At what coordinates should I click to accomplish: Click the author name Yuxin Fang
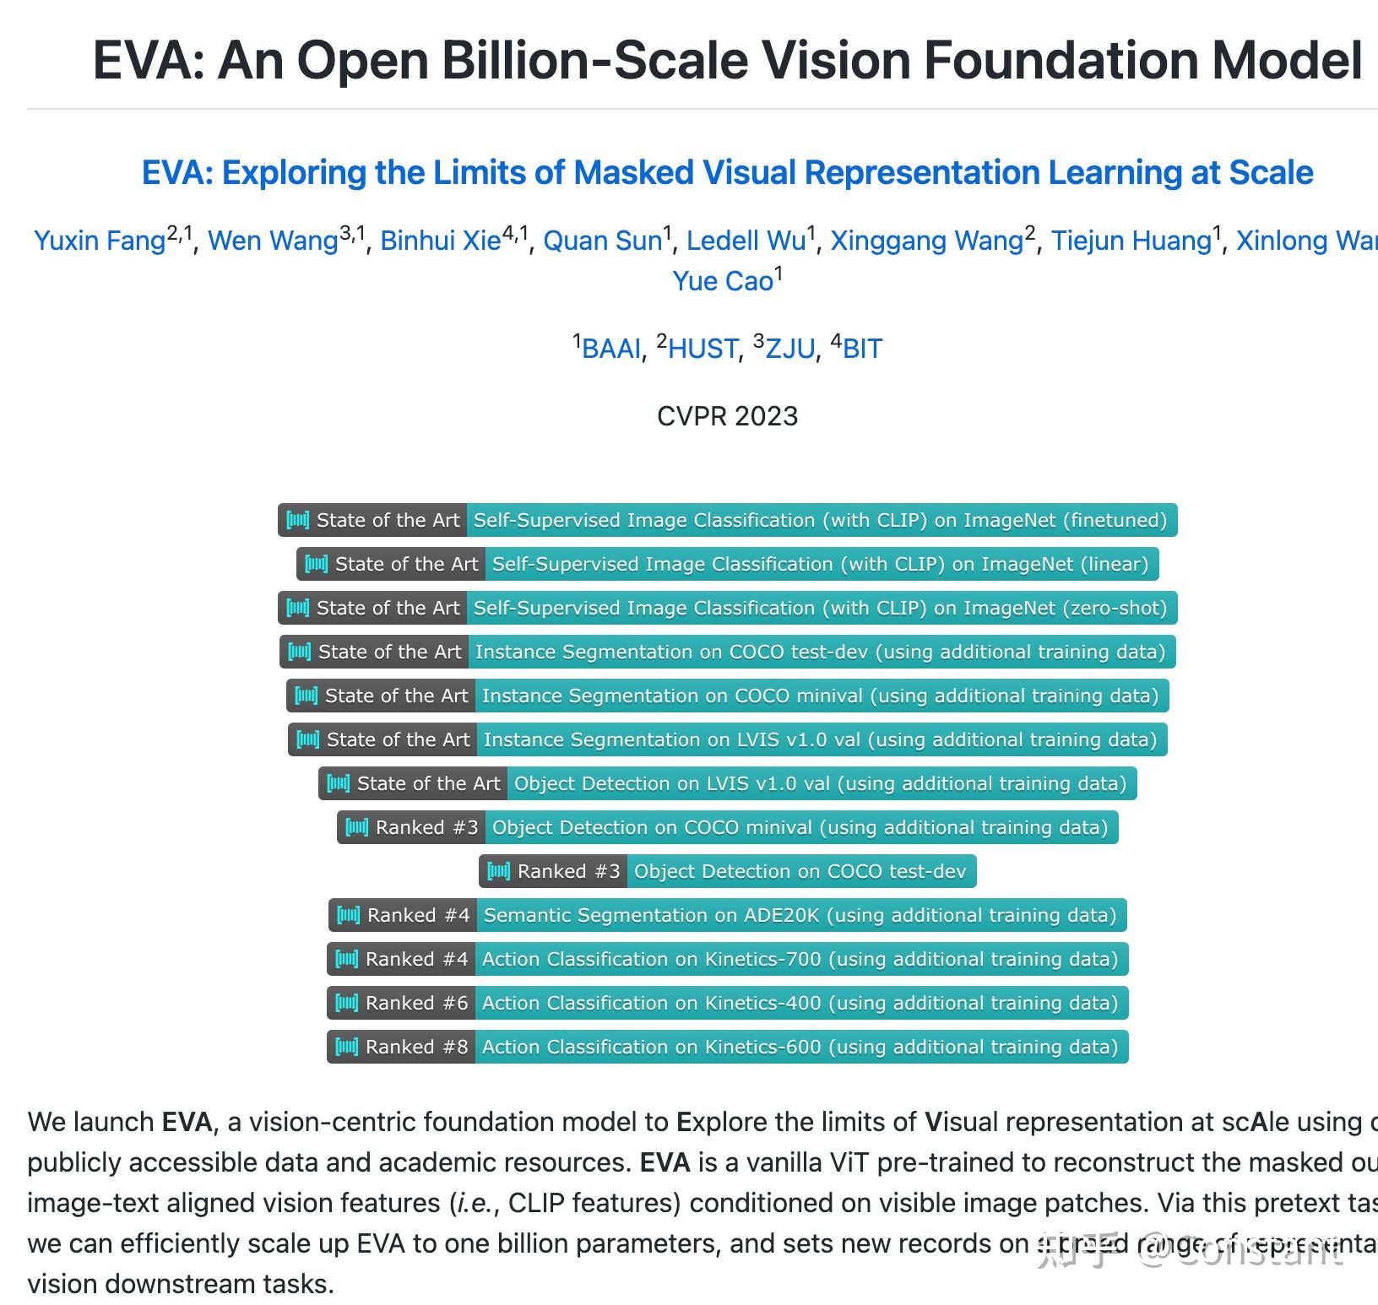pyautogui.click(x=100, y=241)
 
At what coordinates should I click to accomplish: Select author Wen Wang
pyautogui.click(x=273, y=241)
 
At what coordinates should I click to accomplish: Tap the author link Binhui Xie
pyautogui.click(x=440, y=241)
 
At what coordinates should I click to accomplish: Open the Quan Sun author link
pyautogui.click(x=602, y=241)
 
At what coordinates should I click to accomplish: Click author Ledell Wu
pyautogui.click(x=746, y=241)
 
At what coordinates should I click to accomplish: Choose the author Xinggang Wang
pyautogui.click(x=926, y=241)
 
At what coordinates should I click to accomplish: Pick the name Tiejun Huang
pyautogui.click(x=1131, y=241)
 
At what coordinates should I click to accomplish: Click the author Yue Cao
pyautogui.click(x=723, y=281)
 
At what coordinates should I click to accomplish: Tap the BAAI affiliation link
pyautogui.click(x=611, y=349)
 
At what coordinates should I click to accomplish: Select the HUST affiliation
pyautogui.click(x=703, y=349)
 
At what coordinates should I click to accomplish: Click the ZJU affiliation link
pyautogui.click(x=790, y=349)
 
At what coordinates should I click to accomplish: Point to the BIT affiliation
pyautogui.click(x=862, y=349)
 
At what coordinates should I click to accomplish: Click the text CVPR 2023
pyautogui.click(x=727, y=416)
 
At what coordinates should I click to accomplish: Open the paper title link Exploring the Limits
pyautogui.click(x=727, y=173)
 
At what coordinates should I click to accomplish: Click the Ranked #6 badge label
pyautogui.click(x=402, y=1003)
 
